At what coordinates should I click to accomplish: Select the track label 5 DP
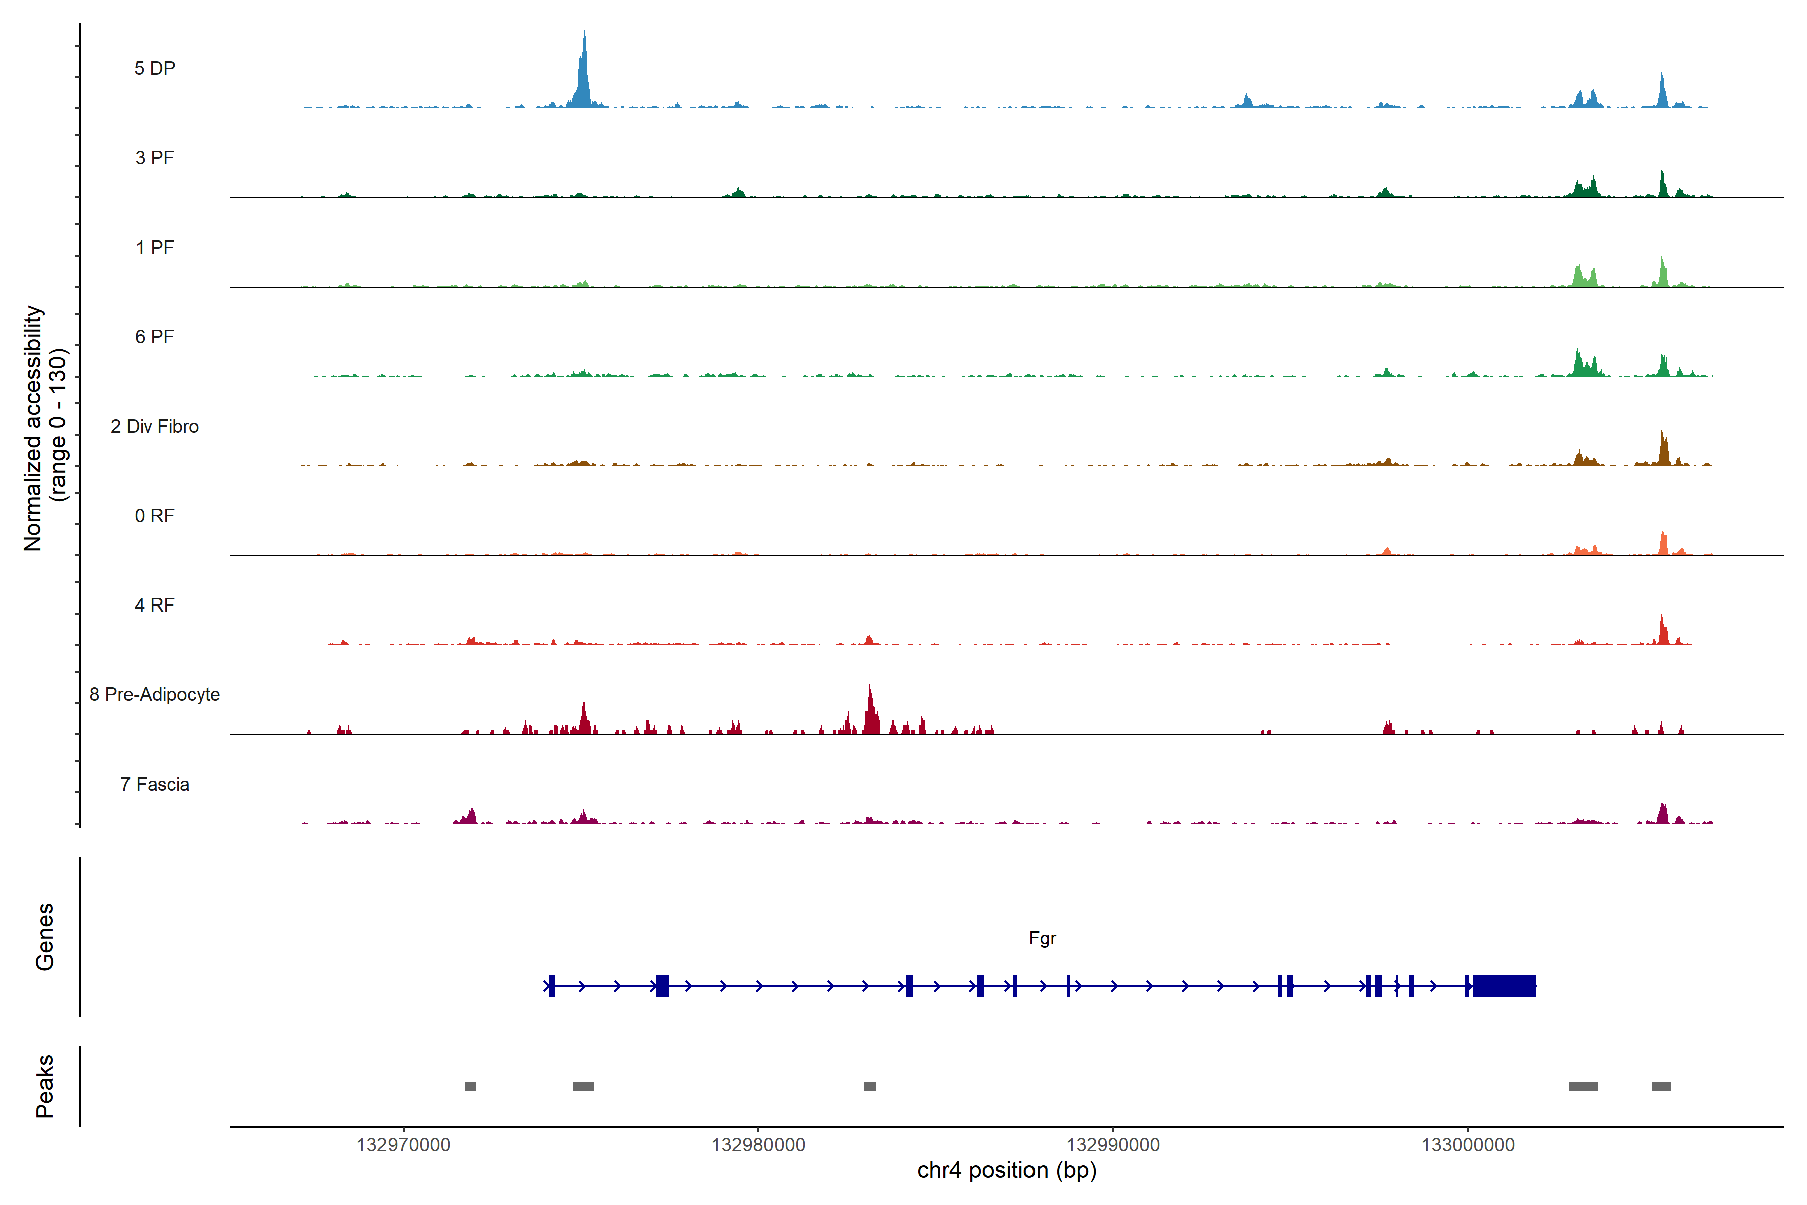tap(155, 68)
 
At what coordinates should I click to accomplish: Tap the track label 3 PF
tap(155, 158)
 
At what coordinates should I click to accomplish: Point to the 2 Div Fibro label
tap(155, 426)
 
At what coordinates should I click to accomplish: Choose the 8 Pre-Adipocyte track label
tap(155, 695)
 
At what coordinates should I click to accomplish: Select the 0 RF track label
tap(155, 516)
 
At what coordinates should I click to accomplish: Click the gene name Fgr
tap(1042, 938)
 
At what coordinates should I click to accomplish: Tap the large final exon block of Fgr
tap(1503, 985)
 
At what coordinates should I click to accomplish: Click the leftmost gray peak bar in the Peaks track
tap(470, 1087)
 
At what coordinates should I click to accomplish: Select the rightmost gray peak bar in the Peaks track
tap(1661, 1087)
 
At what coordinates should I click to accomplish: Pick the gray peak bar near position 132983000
tap(870, 1087)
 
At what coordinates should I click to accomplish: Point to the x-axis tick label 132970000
tap(404, 1145)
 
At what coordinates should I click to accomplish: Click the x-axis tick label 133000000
tap(1467, 1145)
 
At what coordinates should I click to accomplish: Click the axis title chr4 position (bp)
tap(1006, 1170)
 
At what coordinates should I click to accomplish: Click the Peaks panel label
tap(45, 1086)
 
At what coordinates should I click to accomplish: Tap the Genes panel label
tap(45, 937)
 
